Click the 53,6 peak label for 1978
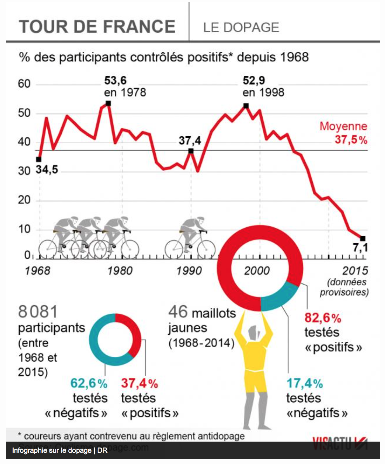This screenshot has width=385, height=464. (115, 81)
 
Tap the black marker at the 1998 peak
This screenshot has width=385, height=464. (246, 106)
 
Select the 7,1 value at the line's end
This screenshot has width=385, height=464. (360, 248)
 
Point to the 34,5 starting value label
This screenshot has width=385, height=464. (47, 170)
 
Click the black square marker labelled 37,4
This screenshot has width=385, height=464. (191, 151)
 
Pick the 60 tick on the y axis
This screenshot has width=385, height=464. (24, 84)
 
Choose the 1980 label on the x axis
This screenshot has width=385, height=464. (120, 271)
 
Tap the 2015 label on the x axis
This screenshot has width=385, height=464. (355, 271)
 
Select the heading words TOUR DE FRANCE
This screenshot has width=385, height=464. (97, 27)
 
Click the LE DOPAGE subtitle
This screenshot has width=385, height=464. (241, 27)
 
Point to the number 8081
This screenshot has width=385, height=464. (38, 312)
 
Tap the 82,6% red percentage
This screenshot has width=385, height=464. (323, 318)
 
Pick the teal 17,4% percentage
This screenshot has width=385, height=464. (305, 383)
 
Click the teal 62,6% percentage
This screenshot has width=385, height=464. (89, 383)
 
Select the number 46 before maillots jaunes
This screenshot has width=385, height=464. (178, 312)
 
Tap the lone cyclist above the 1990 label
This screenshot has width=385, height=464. (190, 238)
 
